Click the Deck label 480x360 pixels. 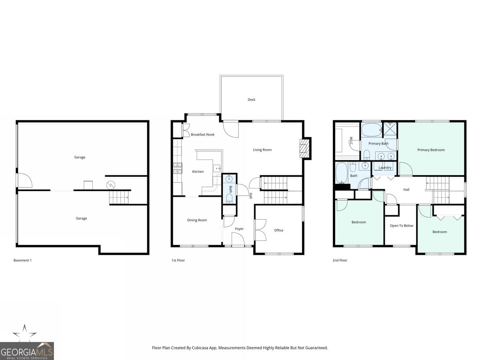(251, 100)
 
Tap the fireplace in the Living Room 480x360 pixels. (305, 148)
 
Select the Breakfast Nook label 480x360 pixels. (202, 135)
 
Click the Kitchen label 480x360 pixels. (198, 172)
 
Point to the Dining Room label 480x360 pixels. (197, 220)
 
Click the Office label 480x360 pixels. (279, 230)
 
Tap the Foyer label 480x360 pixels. (239, 229)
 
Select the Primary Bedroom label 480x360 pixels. (431, 150)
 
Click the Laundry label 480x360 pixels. (385, 168)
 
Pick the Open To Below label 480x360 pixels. (401, 226)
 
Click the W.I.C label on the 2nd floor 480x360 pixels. (351, 141)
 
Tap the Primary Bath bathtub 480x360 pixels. (372, 130)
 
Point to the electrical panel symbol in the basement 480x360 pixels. (110, 185)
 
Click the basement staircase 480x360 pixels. (119, 197)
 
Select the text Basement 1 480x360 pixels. (22, 260)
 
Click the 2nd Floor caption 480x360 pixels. (340, 260)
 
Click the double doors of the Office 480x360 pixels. (260, 230)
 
